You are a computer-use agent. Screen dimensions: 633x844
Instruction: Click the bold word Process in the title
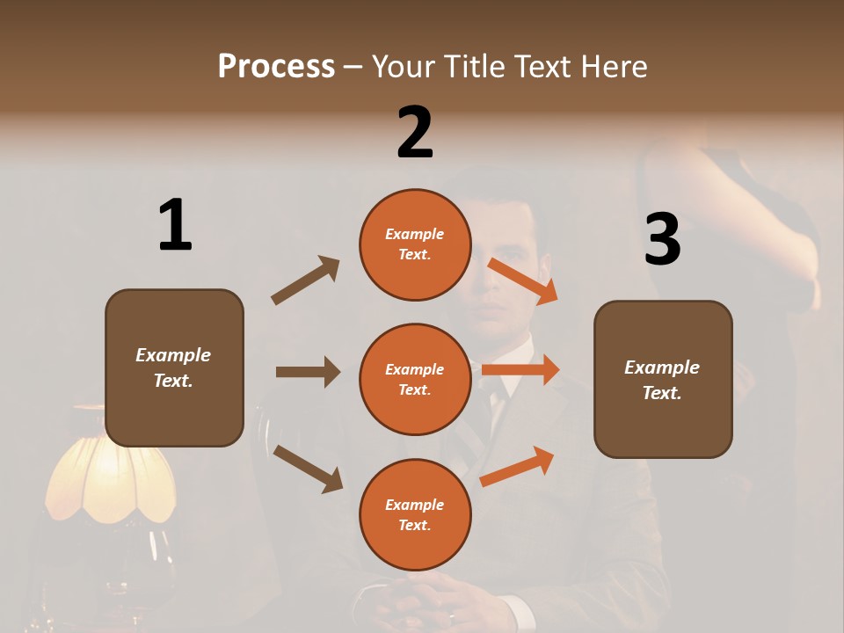(x=276, y=66)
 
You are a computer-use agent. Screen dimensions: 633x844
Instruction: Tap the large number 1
(x=175, y=225)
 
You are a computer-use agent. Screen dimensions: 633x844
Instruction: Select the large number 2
(x=415, y=132)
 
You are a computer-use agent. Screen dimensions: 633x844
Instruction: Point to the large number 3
(x=662, y=240)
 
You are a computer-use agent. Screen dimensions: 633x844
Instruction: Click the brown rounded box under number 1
(x=174, y=367)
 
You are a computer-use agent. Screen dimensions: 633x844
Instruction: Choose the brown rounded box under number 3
(x=663, y=379)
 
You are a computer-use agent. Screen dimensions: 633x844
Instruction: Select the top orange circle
(x=415, y=244)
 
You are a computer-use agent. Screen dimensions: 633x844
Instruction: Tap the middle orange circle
(x=415, y=379)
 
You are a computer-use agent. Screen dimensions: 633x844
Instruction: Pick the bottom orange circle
(x=415, y=514)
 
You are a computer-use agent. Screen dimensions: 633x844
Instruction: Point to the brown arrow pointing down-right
(x=308, y=469)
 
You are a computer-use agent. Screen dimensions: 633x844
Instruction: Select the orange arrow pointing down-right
(x=523, y=280)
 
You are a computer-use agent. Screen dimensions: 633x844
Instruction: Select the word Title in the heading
(x=477, y=66)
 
